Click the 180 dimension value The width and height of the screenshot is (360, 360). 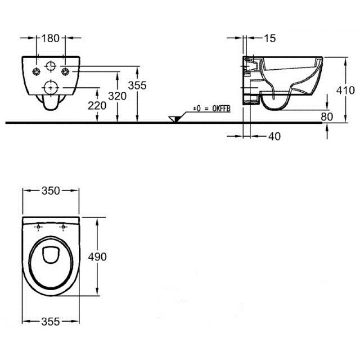50,38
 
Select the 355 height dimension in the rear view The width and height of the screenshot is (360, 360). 137,85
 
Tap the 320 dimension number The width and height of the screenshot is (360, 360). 117,96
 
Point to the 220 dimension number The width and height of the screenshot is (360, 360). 97,106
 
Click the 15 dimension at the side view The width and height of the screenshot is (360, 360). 270,38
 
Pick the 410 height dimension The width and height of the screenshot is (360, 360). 346,90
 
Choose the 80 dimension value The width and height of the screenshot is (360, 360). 327,117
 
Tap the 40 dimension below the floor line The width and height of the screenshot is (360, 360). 274,136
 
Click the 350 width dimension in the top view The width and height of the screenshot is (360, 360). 51,190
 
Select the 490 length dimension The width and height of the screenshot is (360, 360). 97,256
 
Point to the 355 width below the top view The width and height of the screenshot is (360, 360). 50,321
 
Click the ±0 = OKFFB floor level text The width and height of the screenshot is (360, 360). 211,108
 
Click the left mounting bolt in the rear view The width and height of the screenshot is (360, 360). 36,72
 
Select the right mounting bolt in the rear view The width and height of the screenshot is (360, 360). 65,72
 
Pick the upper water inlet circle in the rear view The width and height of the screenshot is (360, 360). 51,66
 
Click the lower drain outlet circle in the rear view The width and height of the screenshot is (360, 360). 51,88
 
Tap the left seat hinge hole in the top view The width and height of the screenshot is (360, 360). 38,227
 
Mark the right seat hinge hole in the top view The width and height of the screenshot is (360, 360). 63,227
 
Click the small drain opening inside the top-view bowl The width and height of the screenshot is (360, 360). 51,255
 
